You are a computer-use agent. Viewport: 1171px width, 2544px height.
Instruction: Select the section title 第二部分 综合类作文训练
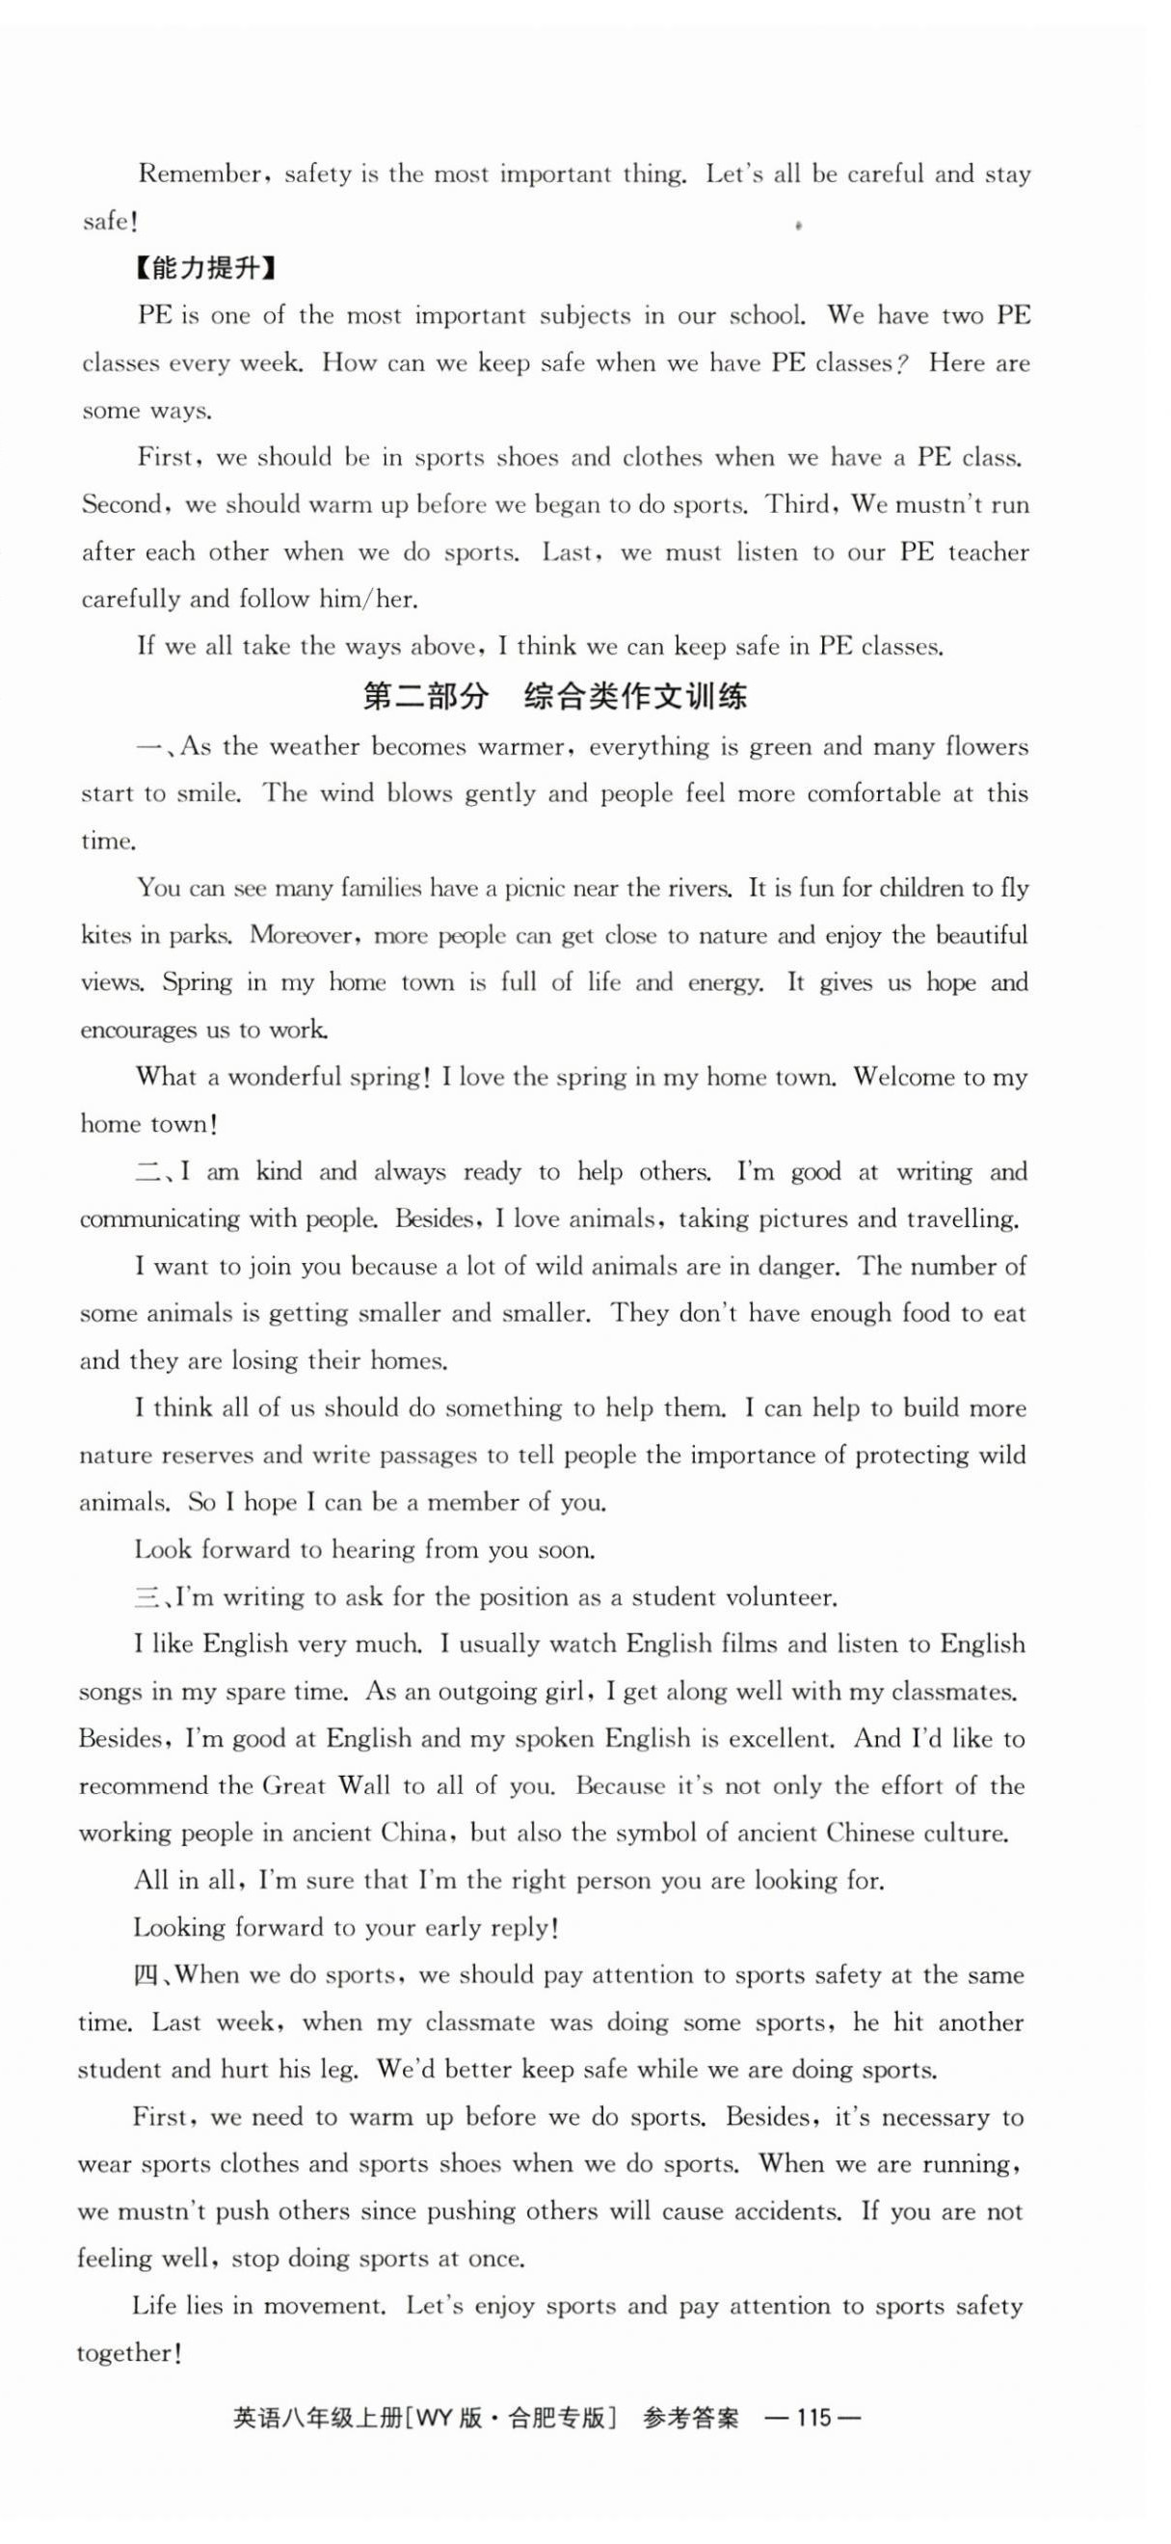click(555, 696)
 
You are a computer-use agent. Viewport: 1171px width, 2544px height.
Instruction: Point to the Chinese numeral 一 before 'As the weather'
click(149, 746)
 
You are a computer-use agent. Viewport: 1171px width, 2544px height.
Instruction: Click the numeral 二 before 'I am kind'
click(149, 1172)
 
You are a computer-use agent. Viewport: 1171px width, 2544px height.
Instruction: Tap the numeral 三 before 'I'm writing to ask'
click(147, 1597)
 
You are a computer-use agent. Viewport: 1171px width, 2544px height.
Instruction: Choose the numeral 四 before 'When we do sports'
click(146, 1975)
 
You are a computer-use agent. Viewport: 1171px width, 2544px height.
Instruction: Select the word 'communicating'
click(159, 1218)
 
